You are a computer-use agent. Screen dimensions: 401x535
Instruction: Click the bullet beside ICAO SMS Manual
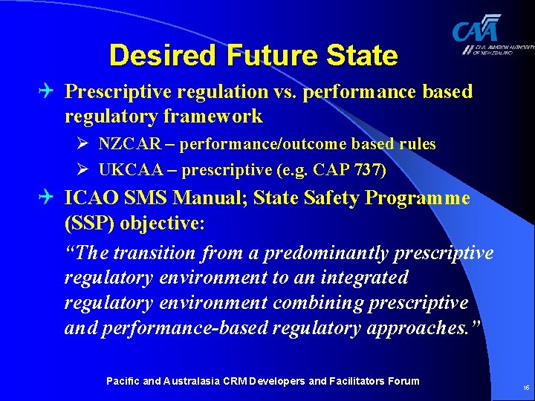[x=49, y=198]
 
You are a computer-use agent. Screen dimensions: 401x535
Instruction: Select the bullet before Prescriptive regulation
[x=49, y=92]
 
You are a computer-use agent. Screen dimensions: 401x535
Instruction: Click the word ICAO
[x=89, y=198]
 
